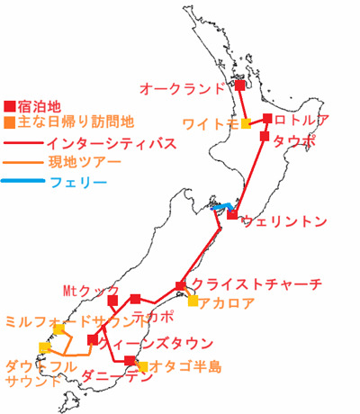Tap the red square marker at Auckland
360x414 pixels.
[x=240, y=86]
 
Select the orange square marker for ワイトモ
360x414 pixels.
[x=247, y=123]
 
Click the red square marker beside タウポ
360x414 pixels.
[x=264, y=137]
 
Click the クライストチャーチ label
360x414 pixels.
[x=256, y=284]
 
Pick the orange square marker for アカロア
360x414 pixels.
[x=193, y=301]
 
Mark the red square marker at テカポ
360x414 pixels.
[x=135, y=299]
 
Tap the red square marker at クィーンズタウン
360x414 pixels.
[x=93, y=339]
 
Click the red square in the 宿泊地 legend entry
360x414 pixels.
[x=9, y=103]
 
